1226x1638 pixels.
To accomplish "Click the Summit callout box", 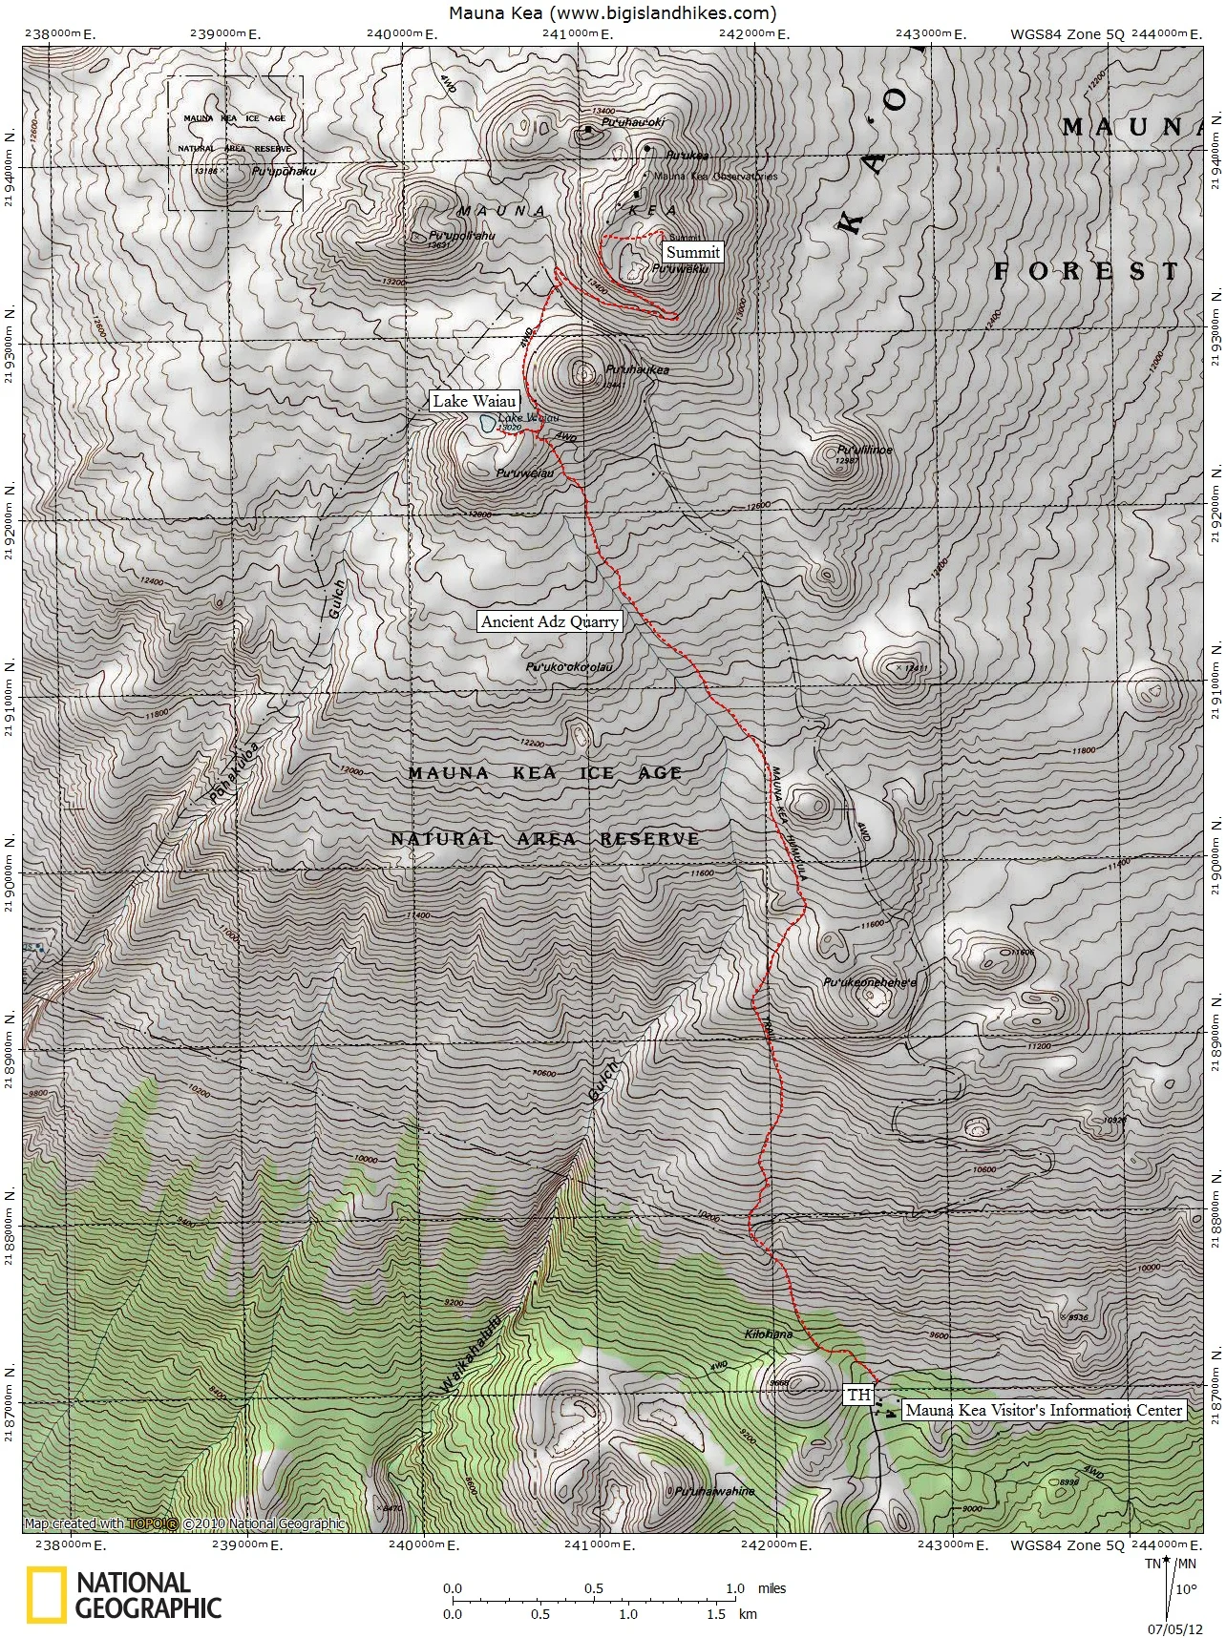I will [693, 252].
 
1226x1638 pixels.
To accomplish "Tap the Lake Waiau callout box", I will [475, 401].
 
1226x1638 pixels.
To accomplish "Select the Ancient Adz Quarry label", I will [550, 621].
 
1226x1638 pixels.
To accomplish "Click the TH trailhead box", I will [859, 1395].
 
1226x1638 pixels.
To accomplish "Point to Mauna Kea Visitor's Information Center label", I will [1044, 1410].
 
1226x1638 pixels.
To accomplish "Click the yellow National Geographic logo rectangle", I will [46, 1595].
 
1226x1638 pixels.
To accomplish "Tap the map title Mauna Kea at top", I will [612, 12].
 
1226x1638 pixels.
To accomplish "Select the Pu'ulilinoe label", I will [864, 450].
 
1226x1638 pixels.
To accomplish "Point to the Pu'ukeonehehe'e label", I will [869, 982].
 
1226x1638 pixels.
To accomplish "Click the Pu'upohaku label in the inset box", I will [284, 172].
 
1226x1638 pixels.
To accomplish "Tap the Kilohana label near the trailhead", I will [769, 1334].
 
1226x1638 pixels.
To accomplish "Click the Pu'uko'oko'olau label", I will [569, 667].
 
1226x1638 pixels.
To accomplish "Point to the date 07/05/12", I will [1174, 1628].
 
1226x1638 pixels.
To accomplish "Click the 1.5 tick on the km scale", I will [715, 1614].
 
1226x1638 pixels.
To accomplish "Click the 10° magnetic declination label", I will [1184, 1589].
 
